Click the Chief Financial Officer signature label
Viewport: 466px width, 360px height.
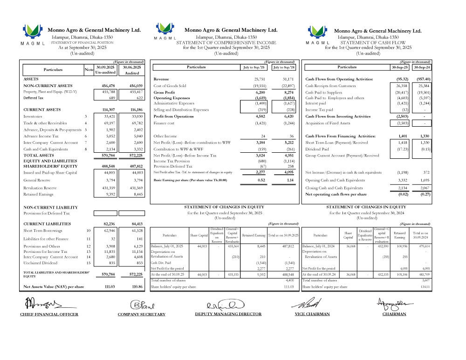tap(49, 314)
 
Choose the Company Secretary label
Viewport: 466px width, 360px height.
tap(141, 314)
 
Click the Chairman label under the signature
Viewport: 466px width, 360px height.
tap(394, 314)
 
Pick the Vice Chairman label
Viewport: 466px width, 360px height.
tap(312, 314)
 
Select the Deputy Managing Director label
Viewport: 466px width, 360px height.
tap(228, 314)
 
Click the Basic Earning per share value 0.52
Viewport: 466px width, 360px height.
tap(261, 180)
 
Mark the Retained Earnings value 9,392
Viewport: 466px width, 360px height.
tap(110, 195)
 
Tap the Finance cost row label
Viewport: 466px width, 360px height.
tap(164, 123)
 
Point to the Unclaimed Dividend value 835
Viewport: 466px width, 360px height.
tap(111, 263)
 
